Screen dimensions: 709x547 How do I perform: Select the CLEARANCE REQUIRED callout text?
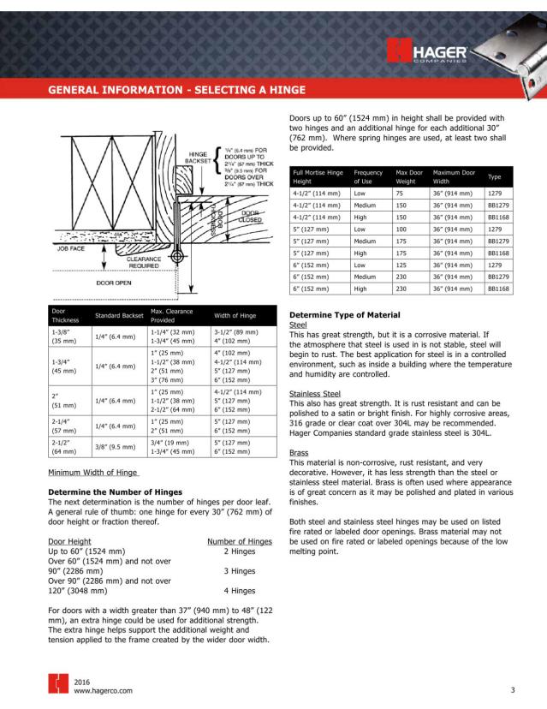coord(145,262)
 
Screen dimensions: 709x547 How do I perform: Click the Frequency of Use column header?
coord(368,177)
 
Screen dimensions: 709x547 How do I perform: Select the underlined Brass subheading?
coord(299,452)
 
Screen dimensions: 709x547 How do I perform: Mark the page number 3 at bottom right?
coord(512,688)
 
